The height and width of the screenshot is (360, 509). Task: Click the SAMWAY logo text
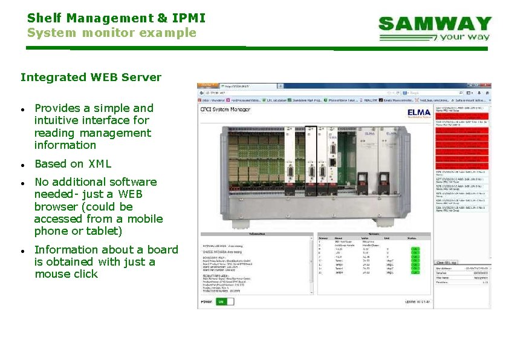(435, 24)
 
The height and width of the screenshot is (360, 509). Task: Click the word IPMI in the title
(190, 18)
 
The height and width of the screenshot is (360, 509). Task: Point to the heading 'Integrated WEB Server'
(91, 77)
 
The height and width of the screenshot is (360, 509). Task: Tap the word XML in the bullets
(100, 163)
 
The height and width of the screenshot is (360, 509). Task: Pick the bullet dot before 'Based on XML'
(22, 165)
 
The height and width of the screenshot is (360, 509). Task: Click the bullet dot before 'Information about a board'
(22, 250)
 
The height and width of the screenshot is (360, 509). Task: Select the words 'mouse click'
(66, 274)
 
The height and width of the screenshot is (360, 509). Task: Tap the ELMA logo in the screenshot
(419, 113)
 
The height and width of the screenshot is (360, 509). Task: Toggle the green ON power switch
(225, 301)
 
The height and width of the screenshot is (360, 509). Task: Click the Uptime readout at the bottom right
(417, 301)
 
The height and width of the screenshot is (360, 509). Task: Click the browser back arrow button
(204, 93)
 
